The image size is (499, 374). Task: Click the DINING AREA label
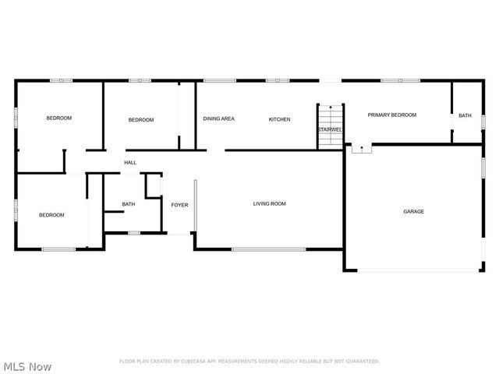pos(218,119)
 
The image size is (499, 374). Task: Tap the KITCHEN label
pos(279,119)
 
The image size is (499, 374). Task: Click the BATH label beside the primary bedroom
pos(465,115)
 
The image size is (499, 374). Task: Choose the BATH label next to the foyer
pos(128,204)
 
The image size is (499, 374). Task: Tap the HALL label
pos(130,162)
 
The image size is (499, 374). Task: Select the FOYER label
pos(180,205)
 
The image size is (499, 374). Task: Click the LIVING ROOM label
pos(269,203)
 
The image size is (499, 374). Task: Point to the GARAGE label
pos(413,211)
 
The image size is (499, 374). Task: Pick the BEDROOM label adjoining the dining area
pos(141,119)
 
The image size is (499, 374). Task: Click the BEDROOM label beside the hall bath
pos(51,214)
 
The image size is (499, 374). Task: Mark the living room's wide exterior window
pos(268,249)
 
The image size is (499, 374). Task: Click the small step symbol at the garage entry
pos(362,148)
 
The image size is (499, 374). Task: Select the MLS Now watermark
pos(28,365)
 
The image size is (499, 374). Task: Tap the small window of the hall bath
pos(133,232)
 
